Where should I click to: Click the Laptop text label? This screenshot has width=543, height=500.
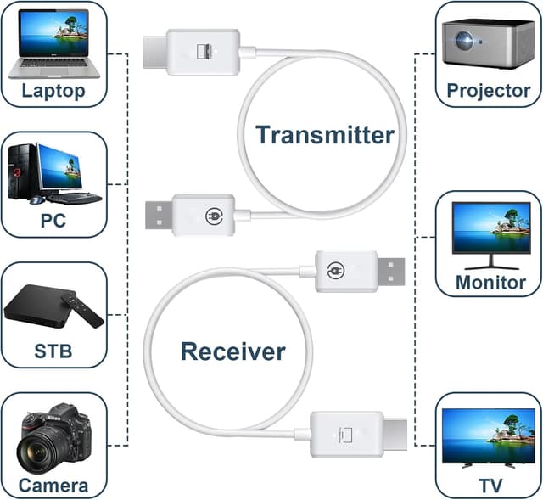[x=53, y=91]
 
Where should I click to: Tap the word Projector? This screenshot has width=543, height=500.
[x=488, y=91]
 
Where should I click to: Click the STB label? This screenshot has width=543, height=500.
[x=53, y=351]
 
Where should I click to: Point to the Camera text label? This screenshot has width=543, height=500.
[x=53, y=486]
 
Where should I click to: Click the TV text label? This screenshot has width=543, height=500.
[x=488, y=486]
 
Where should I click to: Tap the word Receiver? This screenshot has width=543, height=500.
[x=232, y=351]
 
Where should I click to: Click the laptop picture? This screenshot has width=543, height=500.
[x=54, y=42]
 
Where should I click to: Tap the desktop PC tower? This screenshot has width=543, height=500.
[x=23, y=172]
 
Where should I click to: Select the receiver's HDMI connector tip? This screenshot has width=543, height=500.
[x=395, y=432]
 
